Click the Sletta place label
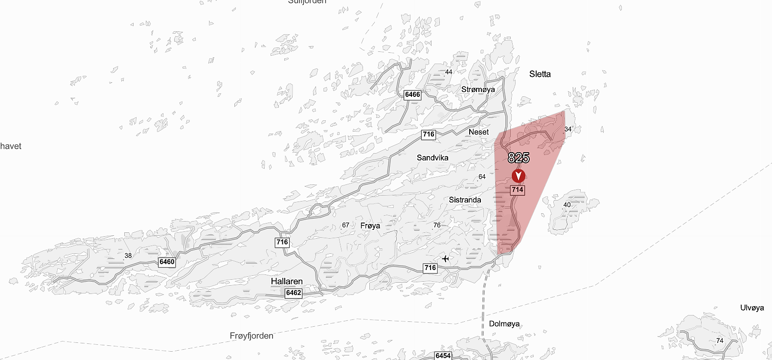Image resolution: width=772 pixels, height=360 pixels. [x=540, y=74]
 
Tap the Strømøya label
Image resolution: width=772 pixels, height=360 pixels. [x=478, y=90]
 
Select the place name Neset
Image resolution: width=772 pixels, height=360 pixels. [x=478, y=132]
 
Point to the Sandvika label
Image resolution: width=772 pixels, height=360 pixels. [x=432, y=157]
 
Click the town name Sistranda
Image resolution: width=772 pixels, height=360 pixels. [x=465, y=200]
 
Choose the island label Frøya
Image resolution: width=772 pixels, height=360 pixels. [x=370, y=225]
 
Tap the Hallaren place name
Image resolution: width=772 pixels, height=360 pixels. [x=287, y=281]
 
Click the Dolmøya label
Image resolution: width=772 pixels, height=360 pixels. [x=504, y=324]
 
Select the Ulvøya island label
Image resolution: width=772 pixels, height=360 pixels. [x=752, y=308]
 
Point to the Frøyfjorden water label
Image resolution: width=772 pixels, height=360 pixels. [x=251, y=336]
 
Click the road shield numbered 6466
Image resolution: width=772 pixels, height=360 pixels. [x=412, y=95]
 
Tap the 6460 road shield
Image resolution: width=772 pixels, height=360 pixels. [x=167, y=262]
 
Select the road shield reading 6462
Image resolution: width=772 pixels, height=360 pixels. [x=294, y=293]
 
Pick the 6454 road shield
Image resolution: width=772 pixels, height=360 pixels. [x=443, y=356]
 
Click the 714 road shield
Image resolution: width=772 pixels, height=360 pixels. [x=518, y=190]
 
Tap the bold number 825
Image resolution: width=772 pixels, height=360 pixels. [x=519, y=157]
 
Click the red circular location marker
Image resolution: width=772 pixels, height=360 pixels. [x=519, y=176]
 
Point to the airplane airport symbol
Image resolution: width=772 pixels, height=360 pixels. [x=445, y=259]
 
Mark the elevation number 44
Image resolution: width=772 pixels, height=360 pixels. [x=449, y=72]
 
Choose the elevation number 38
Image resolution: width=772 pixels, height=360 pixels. [x=128, y=255]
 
